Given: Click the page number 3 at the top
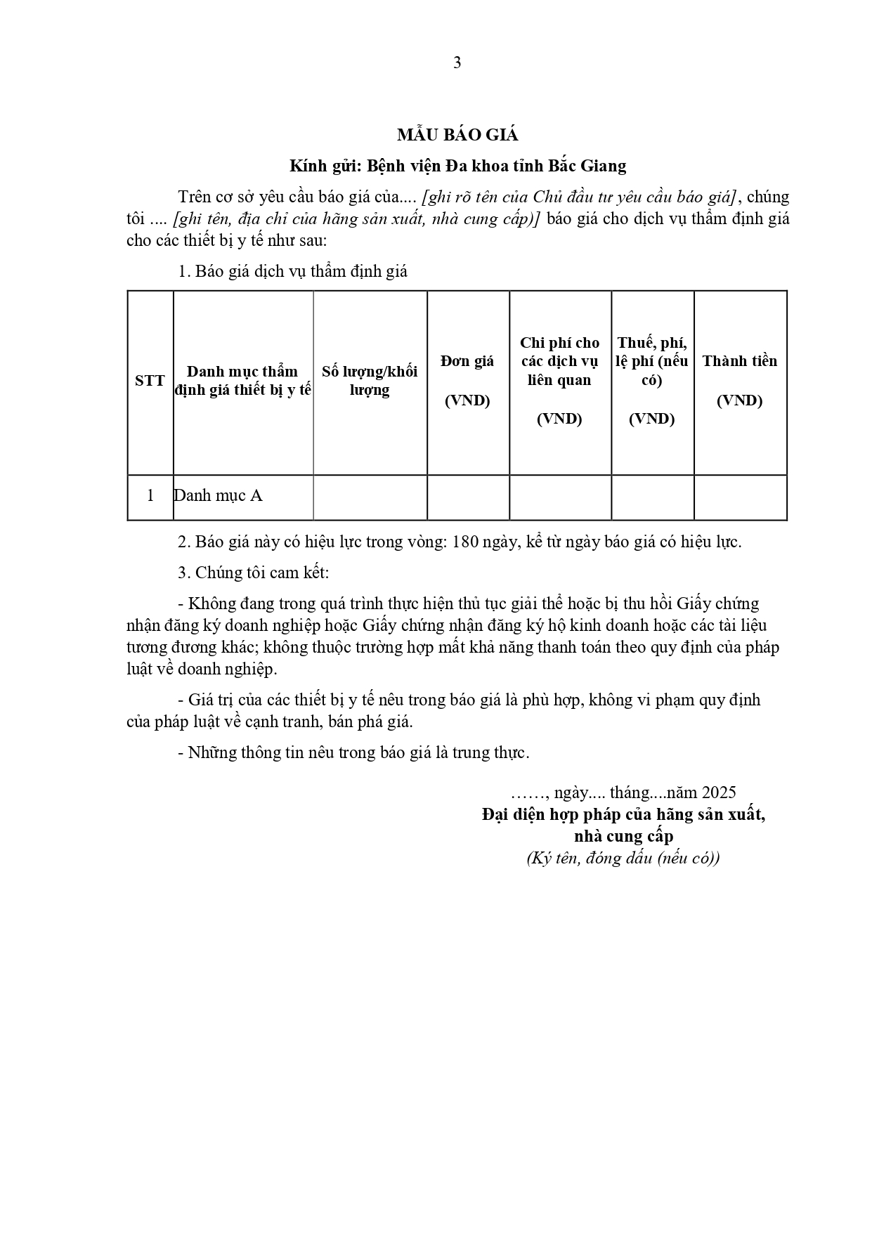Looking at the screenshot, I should click(457, 63).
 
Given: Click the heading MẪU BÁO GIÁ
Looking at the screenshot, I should click(457, 135).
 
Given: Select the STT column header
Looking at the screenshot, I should click(150, 381).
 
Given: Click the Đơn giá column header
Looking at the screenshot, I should click(467, 361).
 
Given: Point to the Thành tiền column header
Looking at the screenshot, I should click(740, 361).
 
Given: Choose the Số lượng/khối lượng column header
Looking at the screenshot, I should click(370, 380).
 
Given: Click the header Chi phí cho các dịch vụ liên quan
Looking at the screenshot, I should click(559, 361).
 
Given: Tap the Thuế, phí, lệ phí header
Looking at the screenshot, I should click(652, 361).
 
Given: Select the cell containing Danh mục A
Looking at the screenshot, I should click(219, 495).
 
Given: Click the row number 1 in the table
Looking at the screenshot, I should click(150, 495).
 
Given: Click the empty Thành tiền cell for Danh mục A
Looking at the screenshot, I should click(740, 497).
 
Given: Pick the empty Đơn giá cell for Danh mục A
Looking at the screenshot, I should click(467, 497).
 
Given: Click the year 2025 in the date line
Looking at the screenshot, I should click(719, 792).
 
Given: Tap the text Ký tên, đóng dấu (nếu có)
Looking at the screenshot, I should click(623, 858).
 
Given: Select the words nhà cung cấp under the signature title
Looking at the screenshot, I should click(623, 836).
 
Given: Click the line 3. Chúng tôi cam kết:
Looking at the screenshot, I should click(254, 573).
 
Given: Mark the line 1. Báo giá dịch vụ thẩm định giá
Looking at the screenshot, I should click(293, 271).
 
